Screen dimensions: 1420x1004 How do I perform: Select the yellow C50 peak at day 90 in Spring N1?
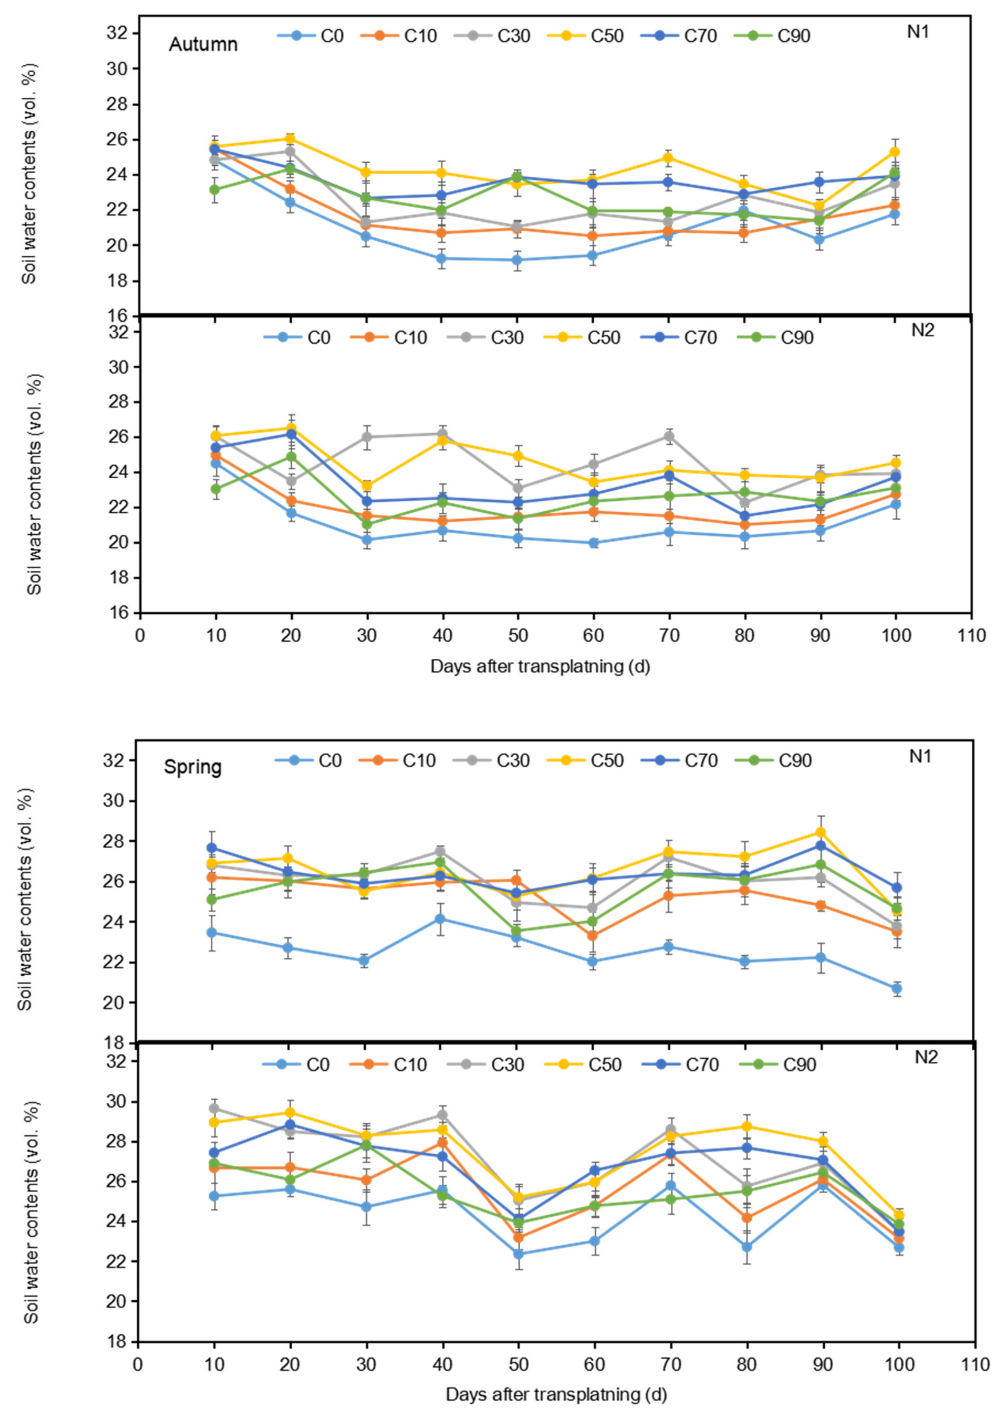820,832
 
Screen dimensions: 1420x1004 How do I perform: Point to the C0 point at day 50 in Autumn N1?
517,260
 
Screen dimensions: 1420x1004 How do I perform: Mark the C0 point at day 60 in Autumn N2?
593,543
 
